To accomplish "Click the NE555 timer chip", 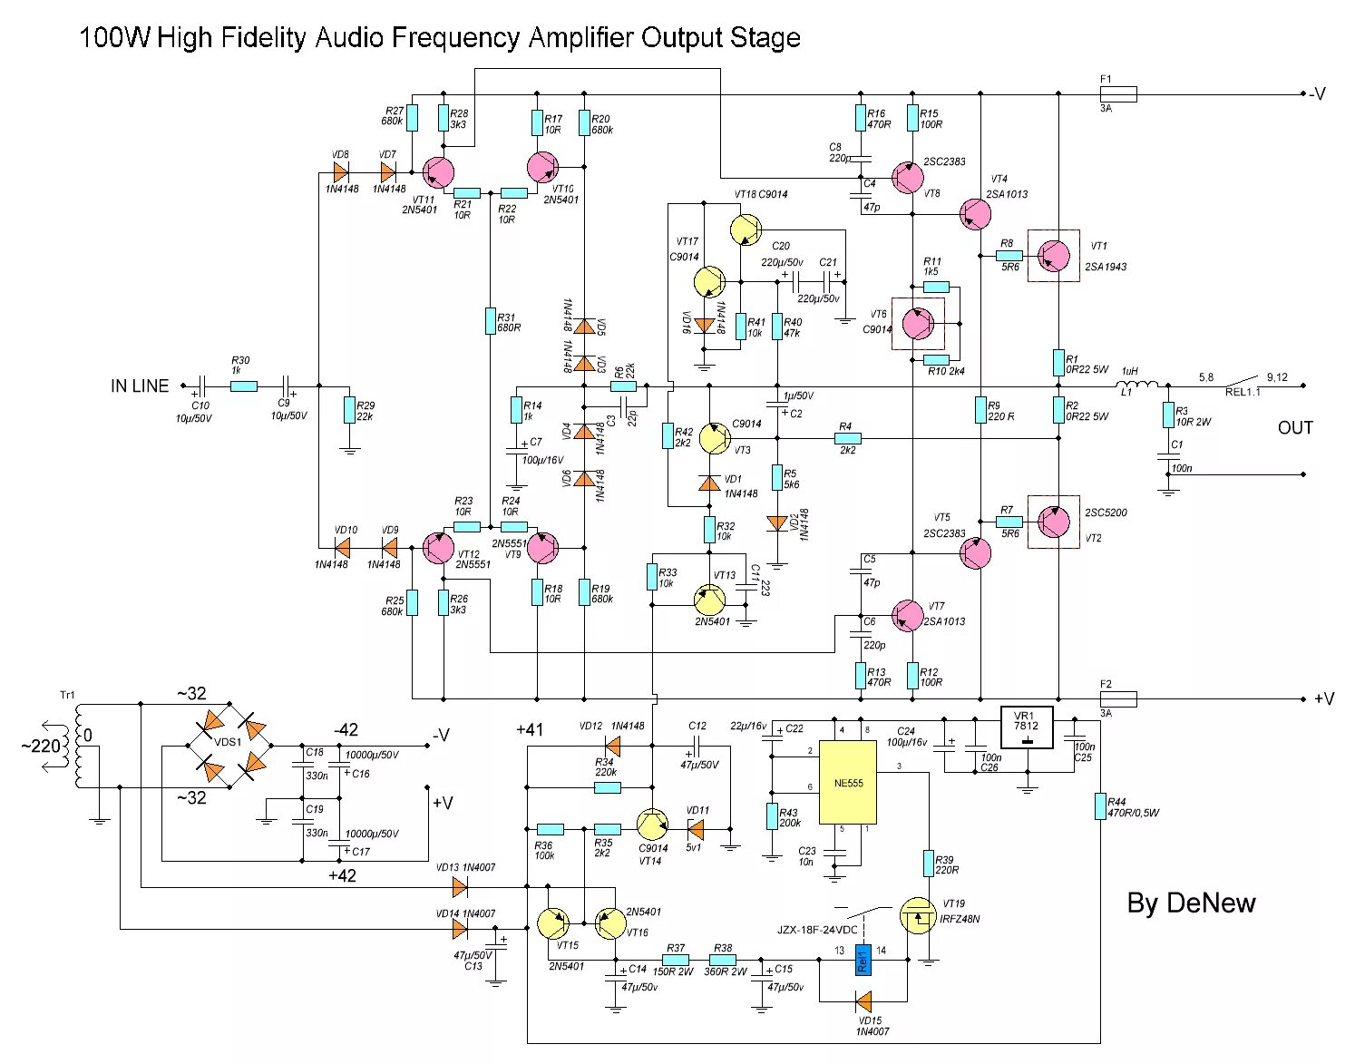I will point(847,782).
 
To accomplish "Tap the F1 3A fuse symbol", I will point(1117,93).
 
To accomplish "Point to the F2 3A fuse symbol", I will point(1117,698).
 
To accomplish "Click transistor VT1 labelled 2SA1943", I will point(1053,256).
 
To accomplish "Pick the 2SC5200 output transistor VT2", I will point(1053,522).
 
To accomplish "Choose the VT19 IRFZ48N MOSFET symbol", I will point(919,916).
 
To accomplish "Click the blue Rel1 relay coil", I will point(863,959).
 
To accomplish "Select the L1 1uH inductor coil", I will point(1138,386).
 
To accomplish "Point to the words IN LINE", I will point(140,386).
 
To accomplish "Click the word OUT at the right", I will point(1294,427).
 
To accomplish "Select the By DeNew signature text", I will point(1191,903).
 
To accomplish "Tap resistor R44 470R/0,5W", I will point(1099,806).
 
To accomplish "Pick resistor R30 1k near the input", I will point(243,386).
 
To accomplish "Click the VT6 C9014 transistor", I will point(917,322).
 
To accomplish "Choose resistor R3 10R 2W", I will point(1167,415).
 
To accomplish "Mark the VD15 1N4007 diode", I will point(863,1001).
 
